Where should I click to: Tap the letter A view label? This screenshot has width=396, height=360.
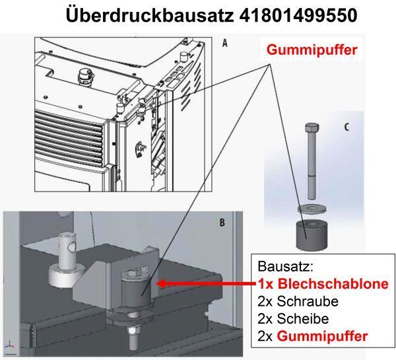pos(224,44)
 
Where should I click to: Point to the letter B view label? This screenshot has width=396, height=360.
pos(222,223)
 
